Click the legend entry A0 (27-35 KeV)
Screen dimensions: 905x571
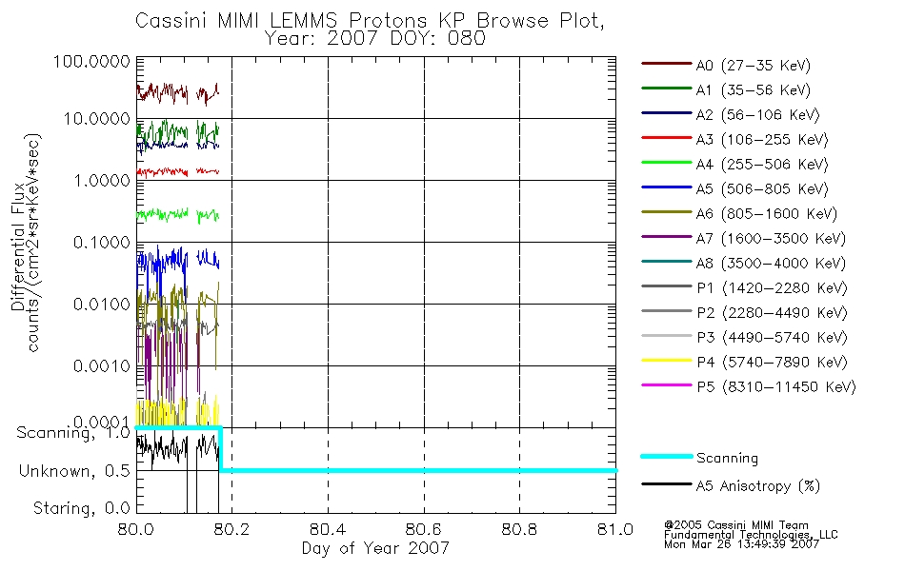point(726,65)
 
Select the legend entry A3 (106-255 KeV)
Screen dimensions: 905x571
point(734,140)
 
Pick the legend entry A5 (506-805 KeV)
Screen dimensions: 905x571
point(734,189)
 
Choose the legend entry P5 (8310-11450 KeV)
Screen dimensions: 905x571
point(749,386)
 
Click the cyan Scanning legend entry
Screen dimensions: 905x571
point(699,458)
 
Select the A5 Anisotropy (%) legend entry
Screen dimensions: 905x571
point(731,485)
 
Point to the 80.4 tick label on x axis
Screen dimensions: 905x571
point(328,529)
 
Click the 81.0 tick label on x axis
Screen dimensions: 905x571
point(615,529)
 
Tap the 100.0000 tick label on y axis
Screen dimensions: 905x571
point(91,61)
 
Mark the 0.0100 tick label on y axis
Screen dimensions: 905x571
point(102,304)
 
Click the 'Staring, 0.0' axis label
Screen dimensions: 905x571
point(81,508)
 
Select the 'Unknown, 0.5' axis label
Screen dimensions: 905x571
point(74,471)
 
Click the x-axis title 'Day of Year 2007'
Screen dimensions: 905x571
point(375,548)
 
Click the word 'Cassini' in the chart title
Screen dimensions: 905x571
point(172,20)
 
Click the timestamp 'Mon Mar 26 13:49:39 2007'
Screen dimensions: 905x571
point(742,544)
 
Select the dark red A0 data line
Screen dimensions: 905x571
point(177,92)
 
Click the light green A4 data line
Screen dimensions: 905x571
point(177,214)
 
